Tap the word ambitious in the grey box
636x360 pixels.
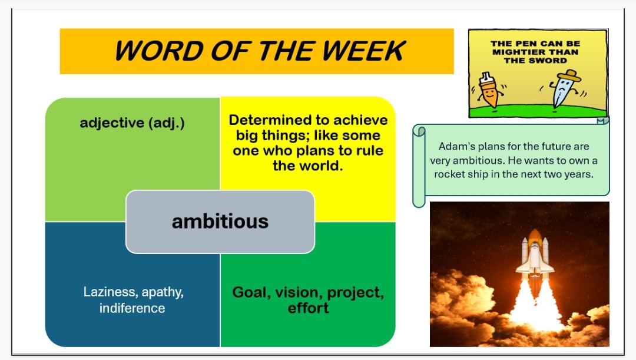point(220,222)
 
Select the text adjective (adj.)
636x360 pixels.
point(132,123)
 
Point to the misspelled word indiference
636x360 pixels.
point(132,308)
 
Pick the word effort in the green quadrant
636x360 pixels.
point(308,308)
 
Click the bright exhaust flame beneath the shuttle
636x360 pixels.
point(534,306)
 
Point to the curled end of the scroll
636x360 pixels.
point(419,132)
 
